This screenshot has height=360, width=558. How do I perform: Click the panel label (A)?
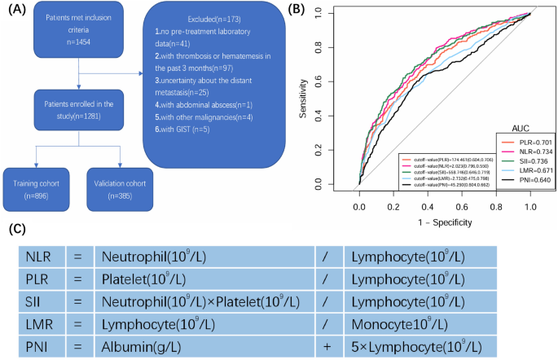(x=15, y=11)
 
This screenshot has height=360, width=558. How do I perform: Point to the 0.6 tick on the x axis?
(x=463, y=207)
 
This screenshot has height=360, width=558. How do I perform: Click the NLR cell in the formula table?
(x=36, y=257)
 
